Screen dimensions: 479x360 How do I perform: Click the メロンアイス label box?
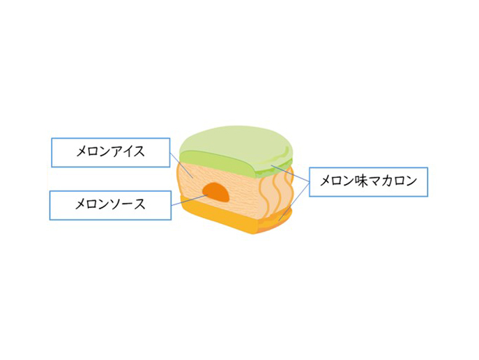(x=111, y=153)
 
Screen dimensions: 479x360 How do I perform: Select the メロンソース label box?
(x=110, y=205)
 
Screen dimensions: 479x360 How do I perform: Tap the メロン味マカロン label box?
(x=368, y=182)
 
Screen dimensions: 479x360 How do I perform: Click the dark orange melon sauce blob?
(x=216, y=193)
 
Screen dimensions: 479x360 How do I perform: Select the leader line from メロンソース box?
(x=188, y=200)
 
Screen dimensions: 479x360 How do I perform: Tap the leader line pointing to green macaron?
(x=290, y=173)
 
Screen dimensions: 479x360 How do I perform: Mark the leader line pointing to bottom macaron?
(x=294, y=202)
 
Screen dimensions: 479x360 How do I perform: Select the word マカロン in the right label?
(x=392, y=181)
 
